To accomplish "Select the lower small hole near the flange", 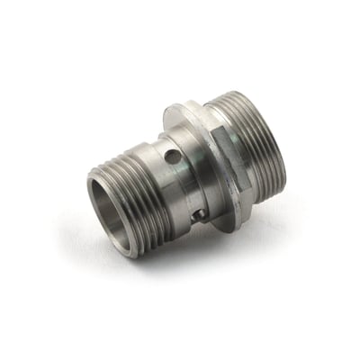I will [x=203, y=212].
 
